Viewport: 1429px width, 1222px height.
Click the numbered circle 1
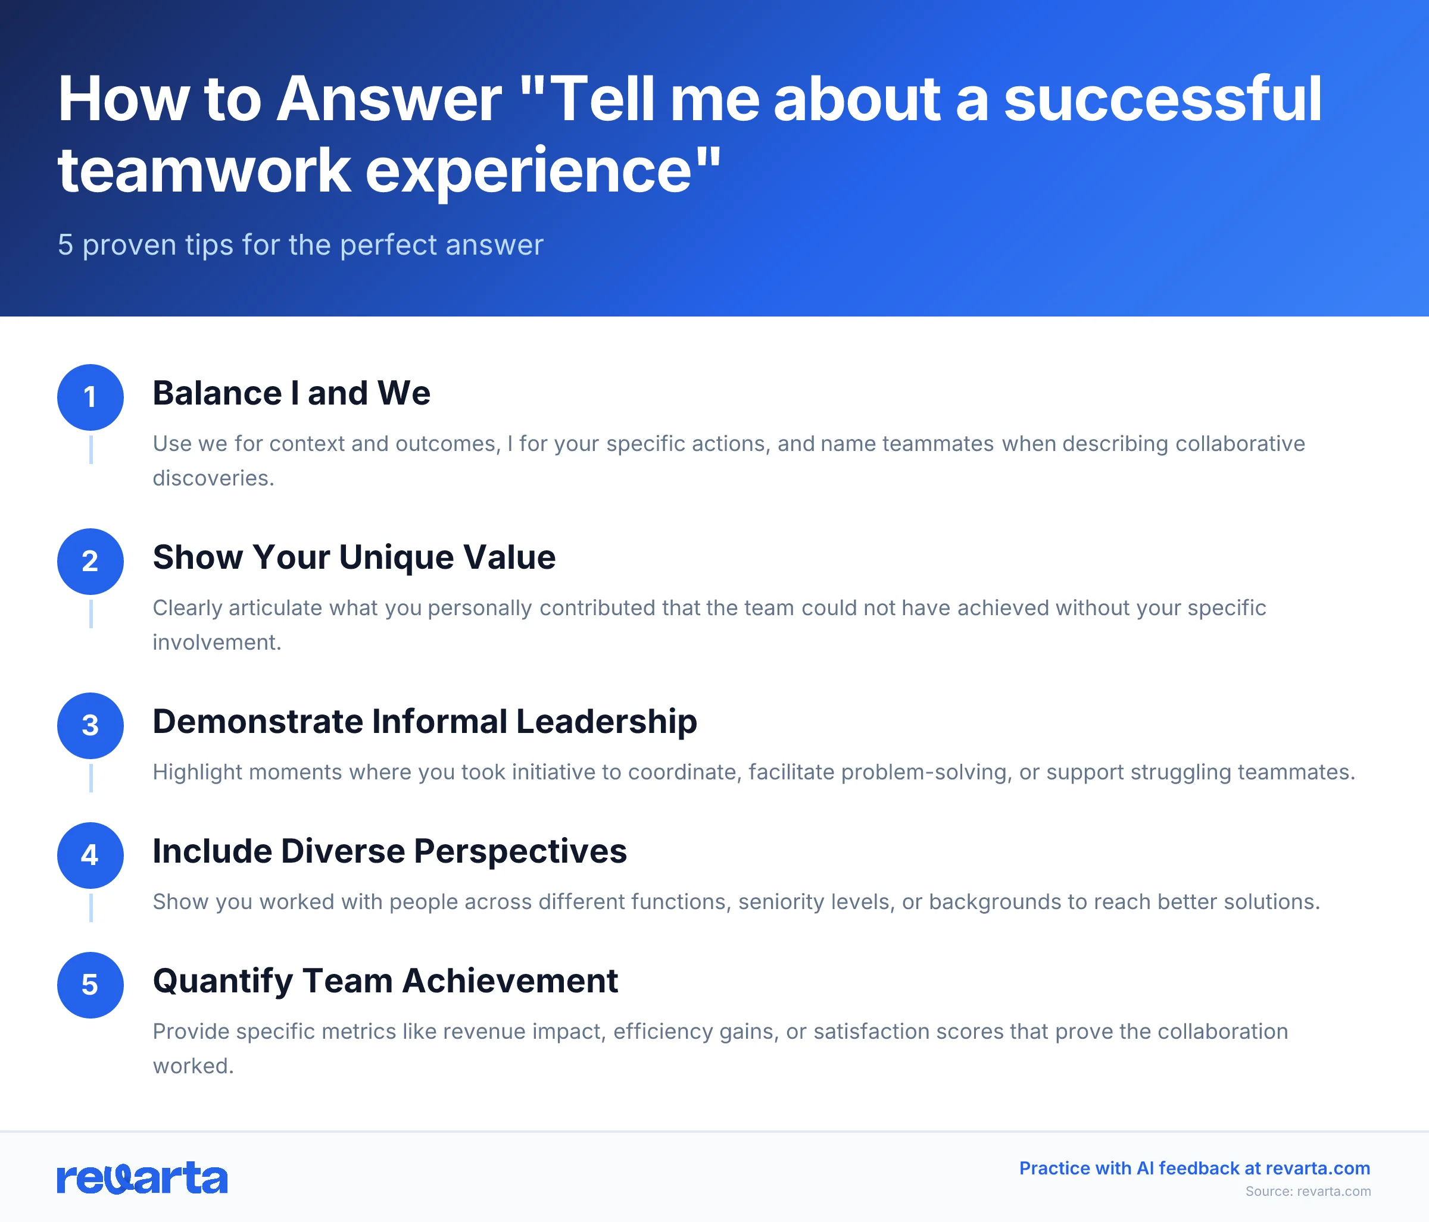click(x=91, y=397)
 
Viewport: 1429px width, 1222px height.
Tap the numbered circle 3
click(x=91, y=726)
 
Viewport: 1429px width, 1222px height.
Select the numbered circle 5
click(x=91, y=985)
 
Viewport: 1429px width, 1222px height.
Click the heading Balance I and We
click(x=291, y=393)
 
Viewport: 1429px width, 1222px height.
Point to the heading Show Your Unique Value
click(x=354, y=557)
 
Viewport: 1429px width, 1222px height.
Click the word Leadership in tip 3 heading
click(x=606, y=722)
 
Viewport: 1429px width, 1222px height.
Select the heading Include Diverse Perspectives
click(x=389, y=851)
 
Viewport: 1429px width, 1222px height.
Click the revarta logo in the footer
click(x=142, y=1178)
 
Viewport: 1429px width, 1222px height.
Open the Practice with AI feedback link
click(x=1194, y=1168)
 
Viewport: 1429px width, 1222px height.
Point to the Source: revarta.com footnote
click(x=1308, y=1192)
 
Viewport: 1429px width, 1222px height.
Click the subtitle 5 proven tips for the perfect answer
click(x=300, y=245)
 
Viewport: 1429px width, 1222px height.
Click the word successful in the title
click(x=1162, y=100)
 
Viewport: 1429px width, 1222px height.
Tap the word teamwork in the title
click(x=204, y=170)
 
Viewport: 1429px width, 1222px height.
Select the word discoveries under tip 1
click(x=213, y=478)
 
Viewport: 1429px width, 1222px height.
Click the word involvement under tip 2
click(x=217, y=643)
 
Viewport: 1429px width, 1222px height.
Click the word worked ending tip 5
click(x=192, y=1066)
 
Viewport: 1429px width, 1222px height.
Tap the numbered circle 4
click(x=91, y=856)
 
